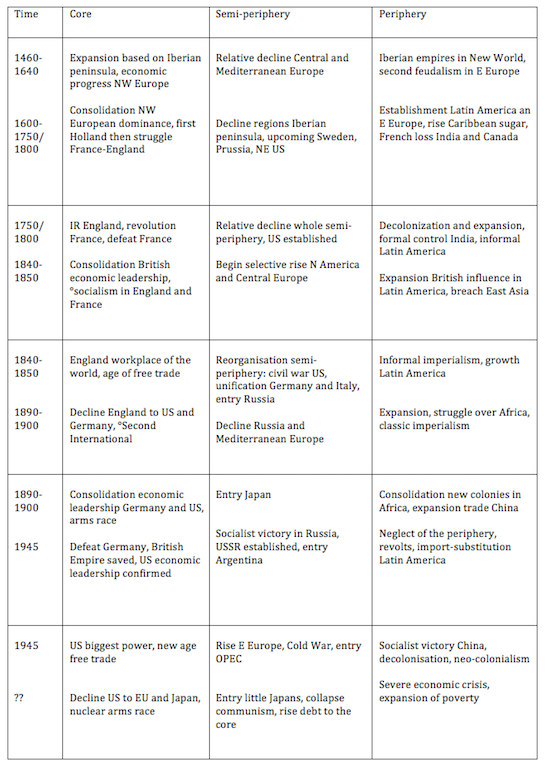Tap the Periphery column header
[x=404, y=16]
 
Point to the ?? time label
[x=19, y=697]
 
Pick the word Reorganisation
[x=259, y=360]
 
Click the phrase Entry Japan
[x=243, y=494]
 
